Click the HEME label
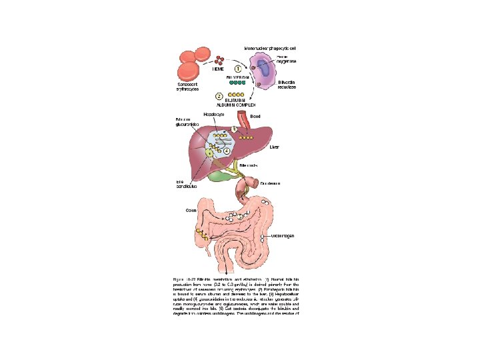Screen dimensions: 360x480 point(218,68)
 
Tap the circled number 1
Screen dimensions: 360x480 point(237,68)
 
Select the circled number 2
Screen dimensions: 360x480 point(220,95)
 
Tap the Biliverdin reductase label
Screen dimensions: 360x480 point(284,85)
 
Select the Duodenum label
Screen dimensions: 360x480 point(270,183)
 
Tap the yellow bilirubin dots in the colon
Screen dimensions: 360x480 point(201,233)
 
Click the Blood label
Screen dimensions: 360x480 point(255,115)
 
